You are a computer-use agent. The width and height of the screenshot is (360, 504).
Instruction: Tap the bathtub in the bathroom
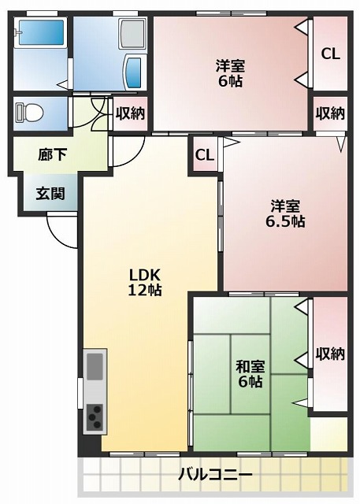click(40, 35)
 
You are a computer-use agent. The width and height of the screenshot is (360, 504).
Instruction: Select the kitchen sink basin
click(95, 366)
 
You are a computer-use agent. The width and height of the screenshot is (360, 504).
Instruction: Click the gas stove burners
click(95, 415)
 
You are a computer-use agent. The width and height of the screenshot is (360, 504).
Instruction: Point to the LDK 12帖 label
click(145, 282)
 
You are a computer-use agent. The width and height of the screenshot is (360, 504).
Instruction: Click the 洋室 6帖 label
click(230, 72)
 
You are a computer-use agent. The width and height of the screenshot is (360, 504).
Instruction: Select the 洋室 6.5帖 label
click(284, 214)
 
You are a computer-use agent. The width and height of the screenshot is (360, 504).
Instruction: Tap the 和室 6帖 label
click(250, 374)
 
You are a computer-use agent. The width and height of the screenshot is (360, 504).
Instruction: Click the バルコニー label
click(215, 475)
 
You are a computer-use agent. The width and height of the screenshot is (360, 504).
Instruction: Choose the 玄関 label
click(49, 194)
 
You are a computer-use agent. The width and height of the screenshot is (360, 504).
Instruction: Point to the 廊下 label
click(52, 155)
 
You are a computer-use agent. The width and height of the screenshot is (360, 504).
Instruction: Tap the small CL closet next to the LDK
click(204, 155)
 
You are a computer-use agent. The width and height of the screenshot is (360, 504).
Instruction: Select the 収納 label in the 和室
click(330, 354)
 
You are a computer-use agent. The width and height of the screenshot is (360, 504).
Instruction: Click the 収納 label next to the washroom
click(130, 113)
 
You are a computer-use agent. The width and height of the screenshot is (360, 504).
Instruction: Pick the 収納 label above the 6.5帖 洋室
click(330, 113)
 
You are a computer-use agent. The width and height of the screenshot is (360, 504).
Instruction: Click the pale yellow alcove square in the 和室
click(328, 434)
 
